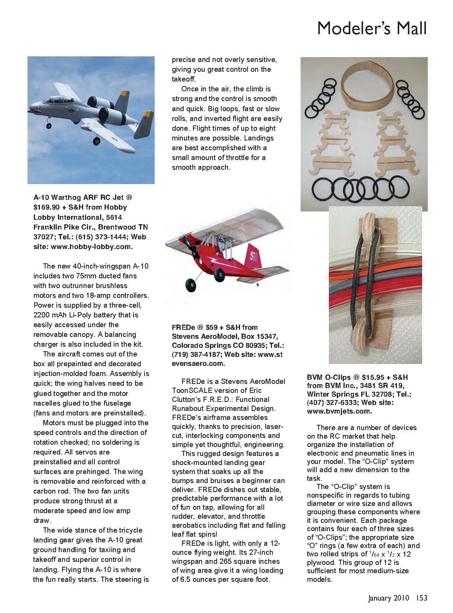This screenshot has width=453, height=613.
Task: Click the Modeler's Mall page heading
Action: [372, 29]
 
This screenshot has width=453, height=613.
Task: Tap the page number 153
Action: [421, 598]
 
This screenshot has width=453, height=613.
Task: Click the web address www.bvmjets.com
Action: [339, 411]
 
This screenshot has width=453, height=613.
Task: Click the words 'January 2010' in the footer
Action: [388, 598]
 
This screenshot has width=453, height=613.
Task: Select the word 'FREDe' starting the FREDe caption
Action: [183, 328]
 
